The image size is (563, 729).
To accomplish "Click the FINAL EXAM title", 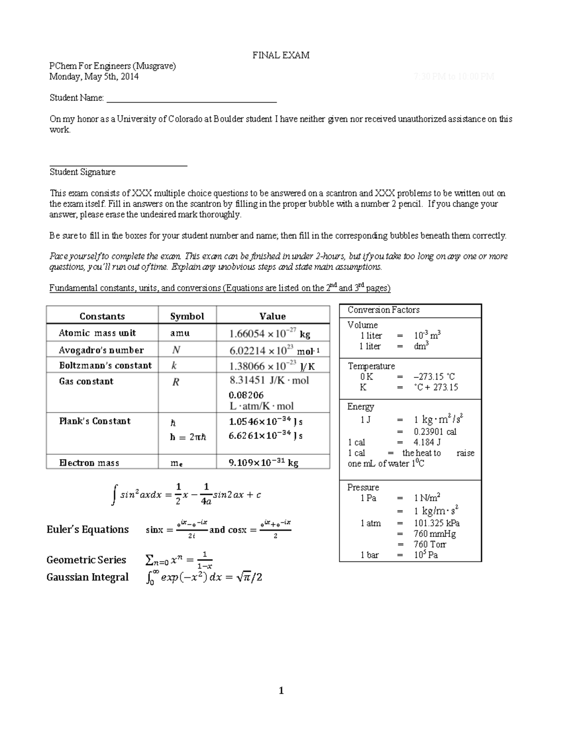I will [281, 55].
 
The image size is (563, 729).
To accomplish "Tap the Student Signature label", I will [83, 172].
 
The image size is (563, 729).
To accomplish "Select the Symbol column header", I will [187, 316].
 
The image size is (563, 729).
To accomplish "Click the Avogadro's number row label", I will [101, 350].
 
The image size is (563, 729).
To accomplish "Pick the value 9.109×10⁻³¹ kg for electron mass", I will [263, 463].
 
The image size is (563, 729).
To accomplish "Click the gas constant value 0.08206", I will [246, 395].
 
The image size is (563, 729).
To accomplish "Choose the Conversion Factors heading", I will [383, 310].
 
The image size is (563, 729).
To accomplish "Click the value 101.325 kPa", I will [436, 523].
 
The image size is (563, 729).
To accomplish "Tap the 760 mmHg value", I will [434, 534].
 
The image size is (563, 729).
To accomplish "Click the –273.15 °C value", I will [434, 377].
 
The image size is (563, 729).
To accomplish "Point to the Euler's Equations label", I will [88, 529].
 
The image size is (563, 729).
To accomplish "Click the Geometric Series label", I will [86, 560].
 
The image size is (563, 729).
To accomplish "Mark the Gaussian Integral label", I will [87, 577].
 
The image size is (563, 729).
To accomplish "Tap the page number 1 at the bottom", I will [281, 691].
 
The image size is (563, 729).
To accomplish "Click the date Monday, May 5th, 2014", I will [94, 77].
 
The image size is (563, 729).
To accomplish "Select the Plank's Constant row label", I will [95, 421].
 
